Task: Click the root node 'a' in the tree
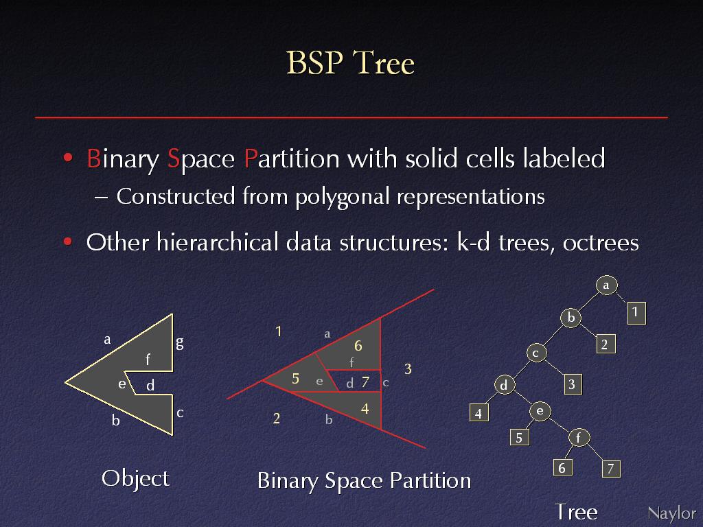pyautogui.click(x=607, y=285)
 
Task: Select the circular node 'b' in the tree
pyautogui.click(x=571, y=317)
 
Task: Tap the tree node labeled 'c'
pyautogui.click(x=536, y=353)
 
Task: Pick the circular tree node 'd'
pyautogui.click(x=505, y=385)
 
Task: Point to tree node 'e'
pyautogui.click(x=540, y=411)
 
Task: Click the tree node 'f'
pyautogui.click(x=579, y=437)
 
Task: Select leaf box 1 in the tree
pyautogui.click(x=636, y=313)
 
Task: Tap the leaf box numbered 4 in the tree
pyautogui.click(x=479, y=412)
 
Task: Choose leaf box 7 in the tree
pyautogui.click(x=610, y=469)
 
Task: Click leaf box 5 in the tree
pyautogui.click(x=519, y=437)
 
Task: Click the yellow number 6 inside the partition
pyautogui.click(x=358, y=346)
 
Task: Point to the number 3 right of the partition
pyautogui.click(x=408, y=368)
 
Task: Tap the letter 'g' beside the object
pyautogui.click(x=179, y=343)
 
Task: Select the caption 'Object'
pyautogui.click(x=135, y=478)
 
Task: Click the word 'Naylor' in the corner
pyautogui.click(x=671, y=513)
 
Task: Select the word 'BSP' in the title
pyautogui.click(x=314, y=62)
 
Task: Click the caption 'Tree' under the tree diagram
pyautogui.click(x=576, y=512)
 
